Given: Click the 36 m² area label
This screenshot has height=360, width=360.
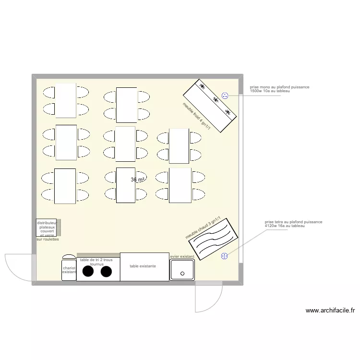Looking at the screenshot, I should point(137,180).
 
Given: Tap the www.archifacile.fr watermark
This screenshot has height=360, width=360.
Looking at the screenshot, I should point(330,311).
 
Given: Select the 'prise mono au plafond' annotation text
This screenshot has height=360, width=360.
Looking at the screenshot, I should point(279,89).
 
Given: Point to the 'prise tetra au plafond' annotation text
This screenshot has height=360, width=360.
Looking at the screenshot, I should point(293,224).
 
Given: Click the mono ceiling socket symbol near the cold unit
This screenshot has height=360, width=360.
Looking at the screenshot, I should point(225,96).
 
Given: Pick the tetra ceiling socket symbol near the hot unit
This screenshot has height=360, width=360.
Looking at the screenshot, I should point(224,256).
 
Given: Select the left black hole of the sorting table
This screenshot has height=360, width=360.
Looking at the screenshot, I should point(88,272).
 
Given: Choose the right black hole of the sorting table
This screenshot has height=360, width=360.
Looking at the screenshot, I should point(106,272).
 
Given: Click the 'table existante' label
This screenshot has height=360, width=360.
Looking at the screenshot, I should point(143,265).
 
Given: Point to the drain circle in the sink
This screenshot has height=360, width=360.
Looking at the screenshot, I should point(182,274).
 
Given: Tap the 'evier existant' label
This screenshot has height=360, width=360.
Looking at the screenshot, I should point(182,257).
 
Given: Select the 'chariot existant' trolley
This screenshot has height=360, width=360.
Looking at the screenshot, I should point(69,270).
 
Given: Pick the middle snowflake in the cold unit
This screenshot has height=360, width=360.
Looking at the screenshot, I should point(215,100).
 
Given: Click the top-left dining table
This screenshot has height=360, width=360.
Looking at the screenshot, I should point(66,100).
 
